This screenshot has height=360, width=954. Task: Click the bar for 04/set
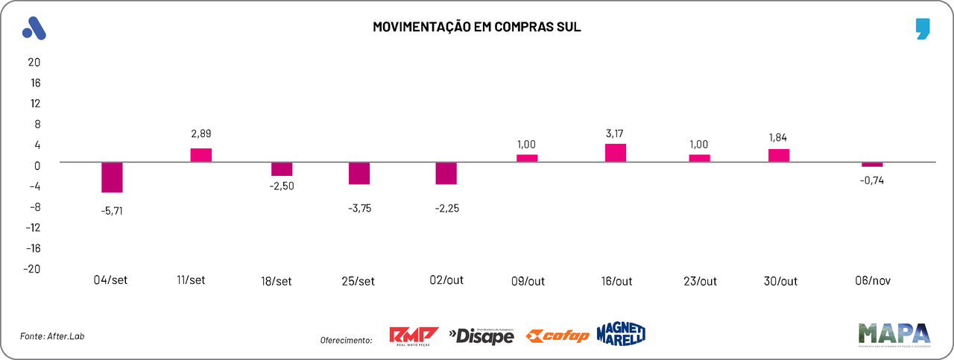pos(112,177)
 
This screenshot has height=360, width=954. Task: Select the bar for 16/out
pos(615,153)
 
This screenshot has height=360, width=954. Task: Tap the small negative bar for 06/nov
pos(872,165)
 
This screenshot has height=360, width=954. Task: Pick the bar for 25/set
pos(360,173)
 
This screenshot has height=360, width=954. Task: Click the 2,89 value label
pos(202,134)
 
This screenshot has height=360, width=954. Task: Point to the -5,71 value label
pos(112,211)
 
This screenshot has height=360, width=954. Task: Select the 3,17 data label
pos(615,133)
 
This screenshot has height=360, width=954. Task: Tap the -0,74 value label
pos(872,180)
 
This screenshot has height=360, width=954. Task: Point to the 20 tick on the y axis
pos(34,62)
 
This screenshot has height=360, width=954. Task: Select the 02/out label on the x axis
pos(446,280)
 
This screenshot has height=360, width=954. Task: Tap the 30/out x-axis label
pos(780,281)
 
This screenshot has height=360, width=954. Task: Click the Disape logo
pos(481,336)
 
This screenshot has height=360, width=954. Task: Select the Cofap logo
pos(557,336)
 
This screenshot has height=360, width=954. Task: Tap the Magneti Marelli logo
pos(620,334)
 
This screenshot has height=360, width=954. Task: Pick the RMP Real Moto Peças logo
pos(414,336)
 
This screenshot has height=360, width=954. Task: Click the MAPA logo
pos(894,335)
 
